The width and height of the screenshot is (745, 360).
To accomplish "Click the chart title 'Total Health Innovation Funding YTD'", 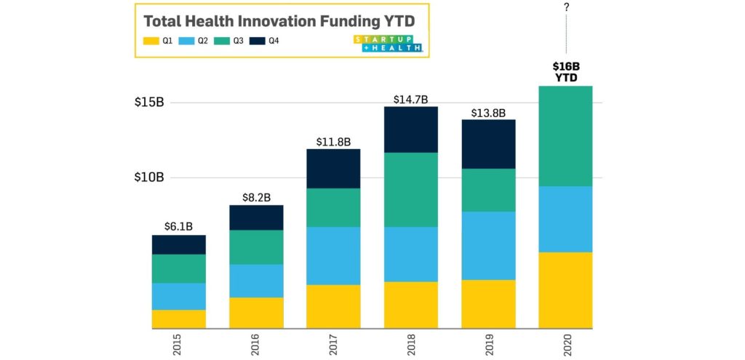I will [x=279, y=20].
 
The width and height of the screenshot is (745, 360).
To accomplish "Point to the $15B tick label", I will [x=150, y=102].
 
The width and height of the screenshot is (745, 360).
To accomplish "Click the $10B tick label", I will [x=150, y=177].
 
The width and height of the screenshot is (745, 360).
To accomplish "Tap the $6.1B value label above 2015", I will [x=178, y=226].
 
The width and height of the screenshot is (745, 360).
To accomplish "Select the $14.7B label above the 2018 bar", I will [x=410, y=98].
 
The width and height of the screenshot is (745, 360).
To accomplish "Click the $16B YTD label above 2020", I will [x=566, y=71].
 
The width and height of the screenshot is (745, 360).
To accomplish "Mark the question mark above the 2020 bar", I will [x=566, y=7].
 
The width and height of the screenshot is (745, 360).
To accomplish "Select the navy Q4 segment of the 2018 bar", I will [x=410, y=129].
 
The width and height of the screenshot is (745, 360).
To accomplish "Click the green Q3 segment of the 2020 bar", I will [x=566, y=136].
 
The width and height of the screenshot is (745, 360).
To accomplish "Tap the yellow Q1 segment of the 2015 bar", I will [x=178, y=319].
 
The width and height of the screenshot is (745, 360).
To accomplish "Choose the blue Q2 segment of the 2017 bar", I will [x=333, y=255].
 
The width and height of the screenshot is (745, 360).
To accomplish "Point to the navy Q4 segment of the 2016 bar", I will [x=256, y=217].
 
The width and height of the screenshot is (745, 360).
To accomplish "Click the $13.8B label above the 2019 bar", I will [x=488, y=111].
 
